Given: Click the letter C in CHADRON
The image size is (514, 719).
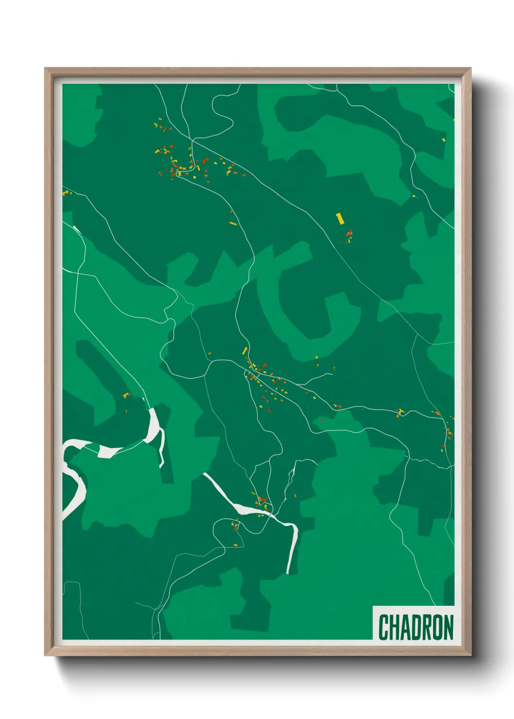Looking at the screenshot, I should (383, 628).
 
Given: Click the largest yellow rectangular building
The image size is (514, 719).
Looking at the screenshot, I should (340, 219).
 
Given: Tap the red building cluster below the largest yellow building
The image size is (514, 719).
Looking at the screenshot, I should (349, 236).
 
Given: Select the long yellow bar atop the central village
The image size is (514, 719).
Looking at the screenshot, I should (245, 351).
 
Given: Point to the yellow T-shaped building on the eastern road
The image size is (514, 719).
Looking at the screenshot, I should (400, 413).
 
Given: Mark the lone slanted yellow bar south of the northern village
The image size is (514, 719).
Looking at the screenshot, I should (233, 223).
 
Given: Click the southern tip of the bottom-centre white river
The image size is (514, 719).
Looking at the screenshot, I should (289, 572).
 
